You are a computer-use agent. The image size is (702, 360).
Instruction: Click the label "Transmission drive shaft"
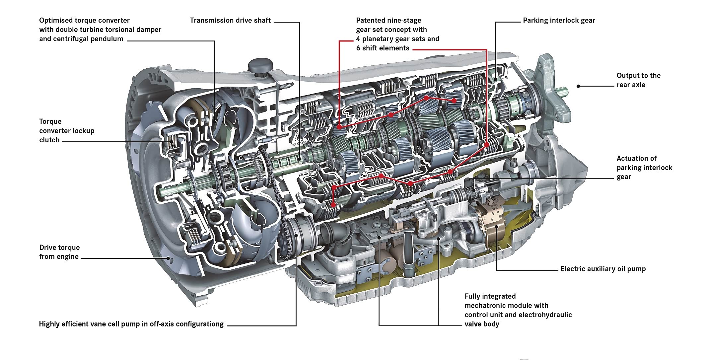(x=230, y=21)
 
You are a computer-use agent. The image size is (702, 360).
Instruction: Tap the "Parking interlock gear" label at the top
(x=559, y=21)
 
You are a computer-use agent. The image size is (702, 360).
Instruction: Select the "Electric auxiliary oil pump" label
(x=603, y=269)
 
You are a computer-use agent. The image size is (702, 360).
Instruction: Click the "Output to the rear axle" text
(x=638, y=80)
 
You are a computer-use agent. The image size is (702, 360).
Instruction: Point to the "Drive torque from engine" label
(x=59, y=252)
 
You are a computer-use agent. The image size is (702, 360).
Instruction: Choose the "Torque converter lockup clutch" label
(x=67, y=131)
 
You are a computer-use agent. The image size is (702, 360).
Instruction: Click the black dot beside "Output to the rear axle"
(x=578, y=86)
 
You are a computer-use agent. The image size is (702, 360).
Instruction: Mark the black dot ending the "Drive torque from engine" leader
(x=168, y=258)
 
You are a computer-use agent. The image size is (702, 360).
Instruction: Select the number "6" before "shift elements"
(x=358, y=48)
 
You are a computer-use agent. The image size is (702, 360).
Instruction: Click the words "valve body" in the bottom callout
(x=482, y=324)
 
